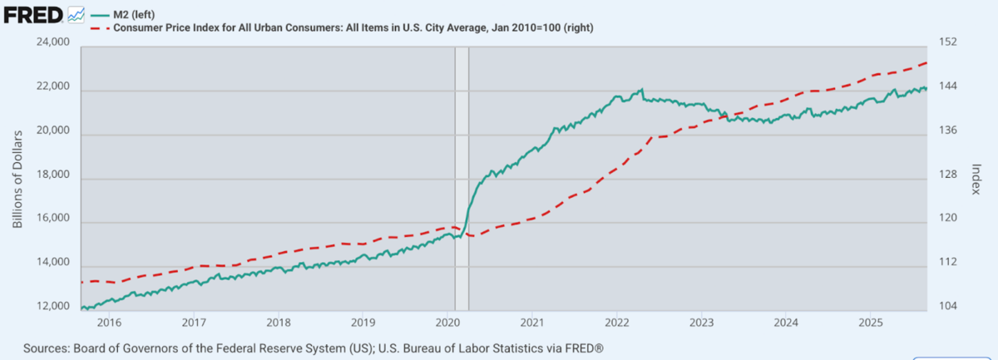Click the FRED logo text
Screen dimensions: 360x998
pos(32,14)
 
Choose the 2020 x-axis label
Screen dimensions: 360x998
pos(447,322)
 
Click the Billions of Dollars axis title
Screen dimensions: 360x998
pos(17,177)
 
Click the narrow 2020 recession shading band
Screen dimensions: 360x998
pos(462,166)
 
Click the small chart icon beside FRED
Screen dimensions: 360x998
pos(76,14)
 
